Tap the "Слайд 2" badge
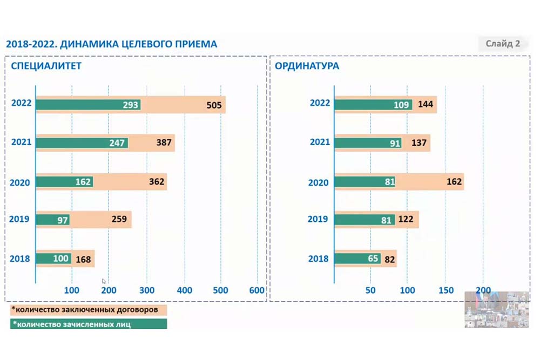(x=502, y=44)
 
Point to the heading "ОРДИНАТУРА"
(x=307, y=66)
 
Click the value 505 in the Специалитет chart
(x=214, y=105)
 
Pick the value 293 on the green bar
(x=131, y=105)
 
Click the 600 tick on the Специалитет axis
(x=258, y=290)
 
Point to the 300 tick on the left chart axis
(x=146, y=290)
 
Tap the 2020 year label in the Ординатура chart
(x=318, y=182)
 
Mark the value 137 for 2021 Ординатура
(x=418, y=143)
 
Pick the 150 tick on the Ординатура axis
(x=446, y=290)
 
